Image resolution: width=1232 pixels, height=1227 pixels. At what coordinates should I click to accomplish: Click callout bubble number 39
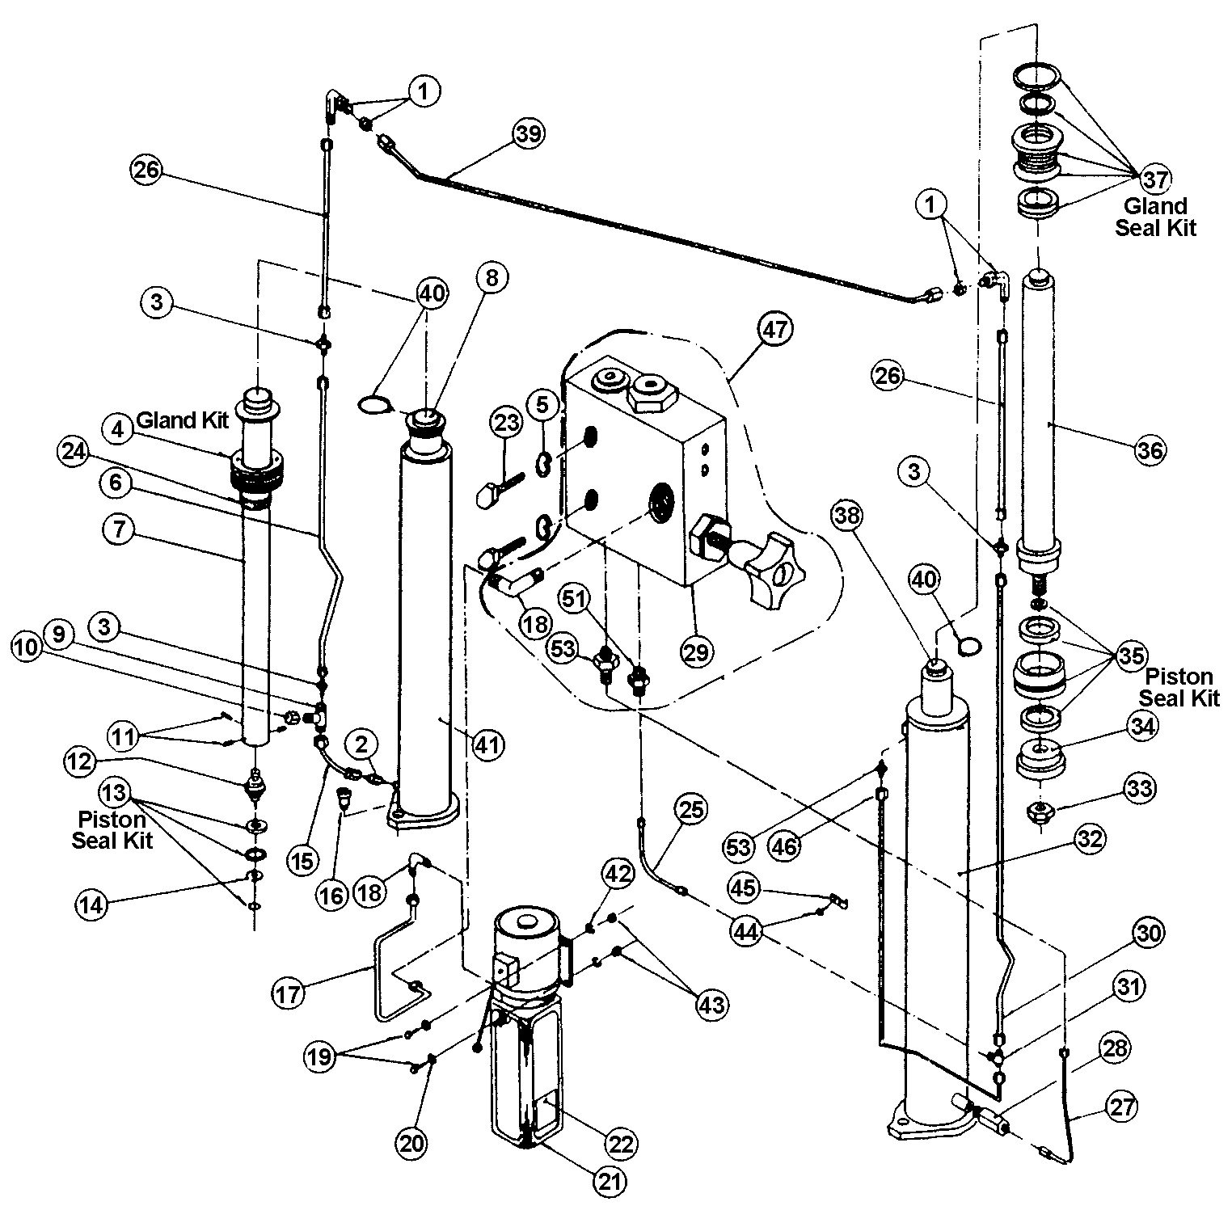click(x=530, y=133)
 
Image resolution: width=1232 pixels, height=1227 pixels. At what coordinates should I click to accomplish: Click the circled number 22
click(x=621, y=1144)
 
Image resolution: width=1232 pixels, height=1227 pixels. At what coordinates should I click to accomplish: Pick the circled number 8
click(x=492, y=277)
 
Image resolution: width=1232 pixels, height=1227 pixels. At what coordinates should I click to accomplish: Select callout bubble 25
click(x=692, y=809)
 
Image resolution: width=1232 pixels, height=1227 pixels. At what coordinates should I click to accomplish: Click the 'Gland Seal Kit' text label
click(x=1156, y=217)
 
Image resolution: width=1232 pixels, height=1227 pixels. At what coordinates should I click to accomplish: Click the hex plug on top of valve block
click(x=651, y=394)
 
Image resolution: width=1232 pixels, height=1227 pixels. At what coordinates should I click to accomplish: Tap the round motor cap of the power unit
click(x=526, y=921)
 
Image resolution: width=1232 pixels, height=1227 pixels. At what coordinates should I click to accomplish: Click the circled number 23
click(x=507, y=423)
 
